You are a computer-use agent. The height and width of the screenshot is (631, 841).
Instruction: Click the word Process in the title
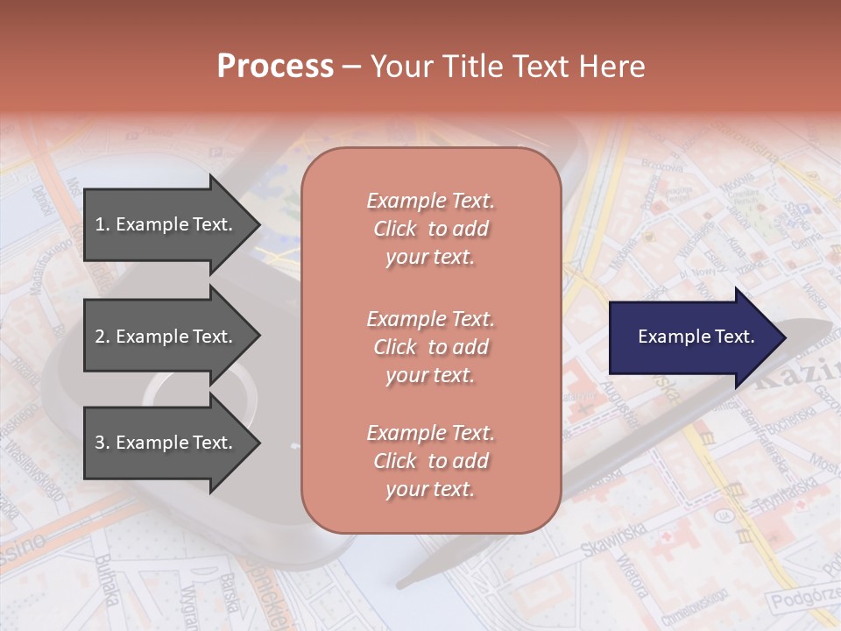click(x=275, y=67)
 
